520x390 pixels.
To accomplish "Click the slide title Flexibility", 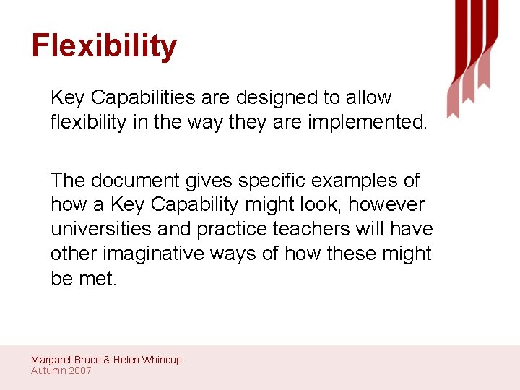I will (x=104, y=47).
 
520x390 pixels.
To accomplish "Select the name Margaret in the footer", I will (x=51, y=360).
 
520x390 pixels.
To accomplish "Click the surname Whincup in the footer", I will (x=162, y=360).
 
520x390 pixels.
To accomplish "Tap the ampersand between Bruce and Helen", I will (x=107, y=360).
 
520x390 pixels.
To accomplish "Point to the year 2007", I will (x=79, y=370).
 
